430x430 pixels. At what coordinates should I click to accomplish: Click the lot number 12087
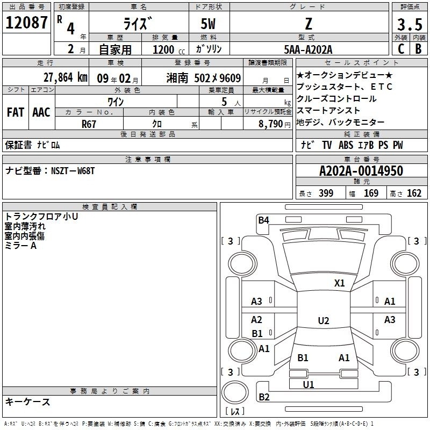26,22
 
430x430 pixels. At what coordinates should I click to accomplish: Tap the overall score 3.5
410,24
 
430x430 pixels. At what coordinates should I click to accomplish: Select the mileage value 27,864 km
65,77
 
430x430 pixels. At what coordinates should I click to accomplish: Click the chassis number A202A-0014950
361,171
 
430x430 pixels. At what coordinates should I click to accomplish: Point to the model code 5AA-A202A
308,49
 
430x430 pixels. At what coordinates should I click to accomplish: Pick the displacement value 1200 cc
169,49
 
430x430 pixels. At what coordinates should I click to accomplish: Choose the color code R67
89,124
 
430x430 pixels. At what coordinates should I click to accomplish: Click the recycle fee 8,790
271,124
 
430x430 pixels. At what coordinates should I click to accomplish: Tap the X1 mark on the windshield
339,283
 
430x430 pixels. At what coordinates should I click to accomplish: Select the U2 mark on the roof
324,320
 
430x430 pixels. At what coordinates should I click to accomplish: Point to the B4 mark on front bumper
263,220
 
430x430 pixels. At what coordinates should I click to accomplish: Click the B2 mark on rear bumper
264,397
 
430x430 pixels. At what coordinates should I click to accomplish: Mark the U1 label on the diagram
308,384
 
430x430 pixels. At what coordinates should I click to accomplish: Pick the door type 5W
208,24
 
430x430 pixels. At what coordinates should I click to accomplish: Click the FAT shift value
16,112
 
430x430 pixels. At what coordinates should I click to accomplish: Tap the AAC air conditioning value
41,112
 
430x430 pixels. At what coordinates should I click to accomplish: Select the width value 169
371,193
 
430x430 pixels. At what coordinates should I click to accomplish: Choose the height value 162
414,193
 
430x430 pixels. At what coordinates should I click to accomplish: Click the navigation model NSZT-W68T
73,171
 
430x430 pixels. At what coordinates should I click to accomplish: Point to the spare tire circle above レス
235,392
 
